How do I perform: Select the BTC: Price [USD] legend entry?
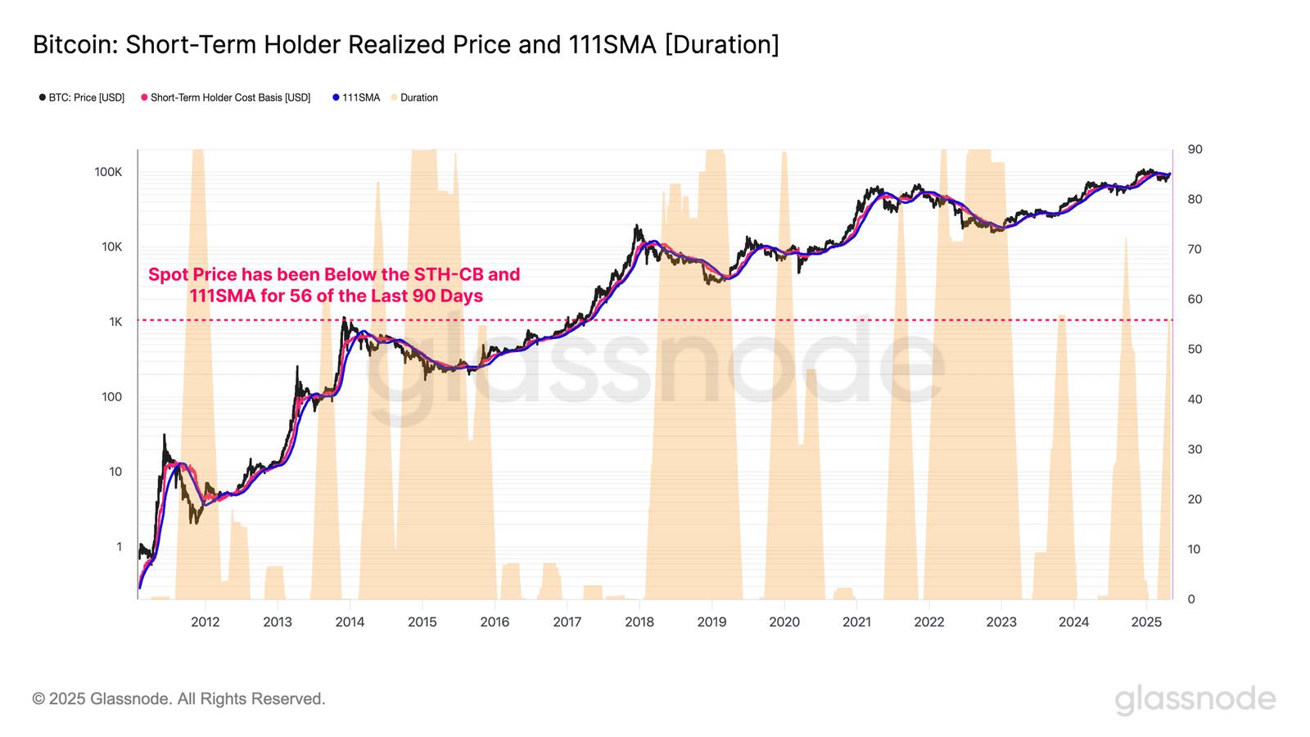(82, 97)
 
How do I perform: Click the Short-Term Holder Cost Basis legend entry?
(226, 97)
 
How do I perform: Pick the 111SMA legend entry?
(357, 97)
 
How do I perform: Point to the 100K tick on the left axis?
(108, 172)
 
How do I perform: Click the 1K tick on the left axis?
(115, 322)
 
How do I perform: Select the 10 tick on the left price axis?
(115, 472)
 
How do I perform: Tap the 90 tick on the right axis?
(1195, 150)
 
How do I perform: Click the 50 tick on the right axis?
(1195, 350)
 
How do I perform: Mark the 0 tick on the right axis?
(1191, 599)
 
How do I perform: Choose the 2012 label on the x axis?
(205, 622)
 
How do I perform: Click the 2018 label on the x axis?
(639, 622)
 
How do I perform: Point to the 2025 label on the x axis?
(1146, 622)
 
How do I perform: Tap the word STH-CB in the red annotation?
(454, 274)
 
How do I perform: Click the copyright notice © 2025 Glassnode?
(178, 699)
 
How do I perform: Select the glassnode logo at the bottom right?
(1195, 699)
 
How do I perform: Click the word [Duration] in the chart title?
(721, 45)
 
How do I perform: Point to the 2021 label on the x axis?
(856, 622)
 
